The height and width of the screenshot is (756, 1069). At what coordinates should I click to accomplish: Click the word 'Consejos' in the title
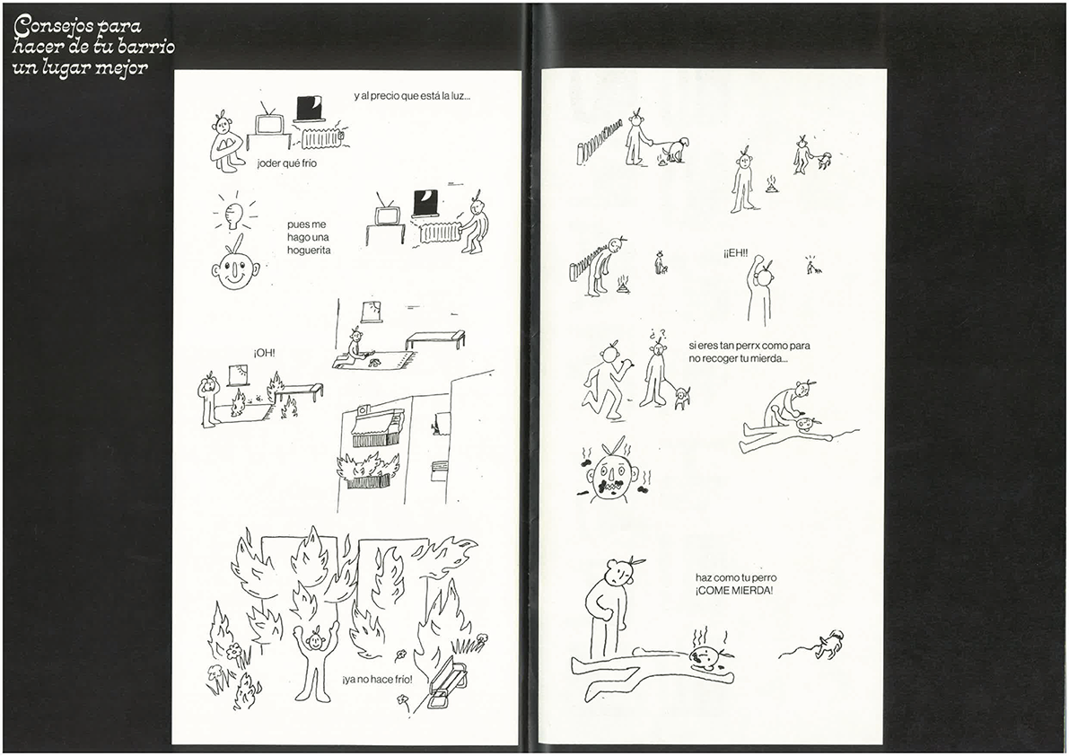pos(55,27)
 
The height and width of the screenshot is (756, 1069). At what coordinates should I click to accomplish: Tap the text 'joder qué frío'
pos(287,163)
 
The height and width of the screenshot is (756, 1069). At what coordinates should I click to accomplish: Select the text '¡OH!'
pos(265,353)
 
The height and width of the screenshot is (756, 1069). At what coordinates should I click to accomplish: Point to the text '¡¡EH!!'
pos(736,253)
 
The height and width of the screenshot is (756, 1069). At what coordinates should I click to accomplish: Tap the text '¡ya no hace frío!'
pos(377,679)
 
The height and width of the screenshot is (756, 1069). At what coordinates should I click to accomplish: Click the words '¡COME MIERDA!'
pos(734,591)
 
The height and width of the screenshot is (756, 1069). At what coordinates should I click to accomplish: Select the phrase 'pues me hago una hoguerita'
pos(309,237)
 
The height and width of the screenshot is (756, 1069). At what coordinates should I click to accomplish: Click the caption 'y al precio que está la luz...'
pos(412,96)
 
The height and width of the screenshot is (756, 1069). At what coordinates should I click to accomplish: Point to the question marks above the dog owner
pos(656,334)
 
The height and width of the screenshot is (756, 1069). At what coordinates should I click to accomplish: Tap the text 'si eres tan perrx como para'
pos(749,346)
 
